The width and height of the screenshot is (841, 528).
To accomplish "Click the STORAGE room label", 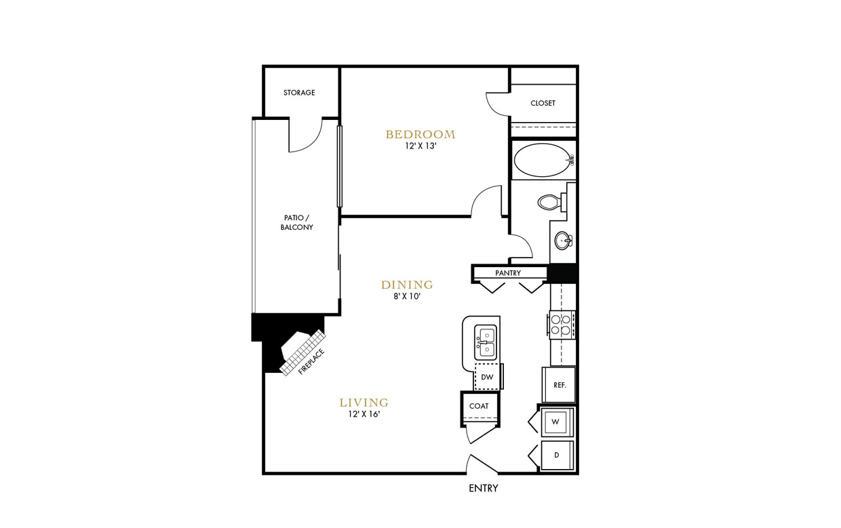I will coord(299,93).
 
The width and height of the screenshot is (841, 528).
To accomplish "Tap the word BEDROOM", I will coord(420,134).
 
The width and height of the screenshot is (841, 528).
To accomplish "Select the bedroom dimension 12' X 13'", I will coord(420,146).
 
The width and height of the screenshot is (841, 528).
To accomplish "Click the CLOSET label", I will coord(543,103).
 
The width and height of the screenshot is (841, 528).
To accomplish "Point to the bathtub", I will coord(543,161).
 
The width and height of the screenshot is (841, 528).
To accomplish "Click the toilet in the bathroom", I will coord(550,201).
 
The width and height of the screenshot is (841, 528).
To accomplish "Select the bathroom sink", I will coord(562,240).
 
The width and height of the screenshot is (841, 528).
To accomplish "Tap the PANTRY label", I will coord(508,273).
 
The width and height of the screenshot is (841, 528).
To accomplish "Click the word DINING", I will coord(407,285).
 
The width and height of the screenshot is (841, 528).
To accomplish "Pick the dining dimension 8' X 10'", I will coord(407,296).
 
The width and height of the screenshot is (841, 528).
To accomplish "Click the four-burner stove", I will coord(562,325).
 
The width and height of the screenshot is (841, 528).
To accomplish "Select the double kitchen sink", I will coord(486,342).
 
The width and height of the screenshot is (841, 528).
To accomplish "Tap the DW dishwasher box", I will coord(487,378).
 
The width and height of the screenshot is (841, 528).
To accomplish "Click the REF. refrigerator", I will coord(560,384).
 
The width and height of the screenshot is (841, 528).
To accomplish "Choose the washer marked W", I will coord(555,422).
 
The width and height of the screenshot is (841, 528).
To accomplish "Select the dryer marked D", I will coord(556,455).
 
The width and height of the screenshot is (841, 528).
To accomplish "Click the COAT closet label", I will coord(479,406).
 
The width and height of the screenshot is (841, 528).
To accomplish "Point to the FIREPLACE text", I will coord(312,362).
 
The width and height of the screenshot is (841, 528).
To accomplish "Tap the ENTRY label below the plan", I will coord(484,488).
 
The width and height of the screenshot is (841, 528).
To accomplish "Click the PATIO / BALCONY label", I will coord(297,222).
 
